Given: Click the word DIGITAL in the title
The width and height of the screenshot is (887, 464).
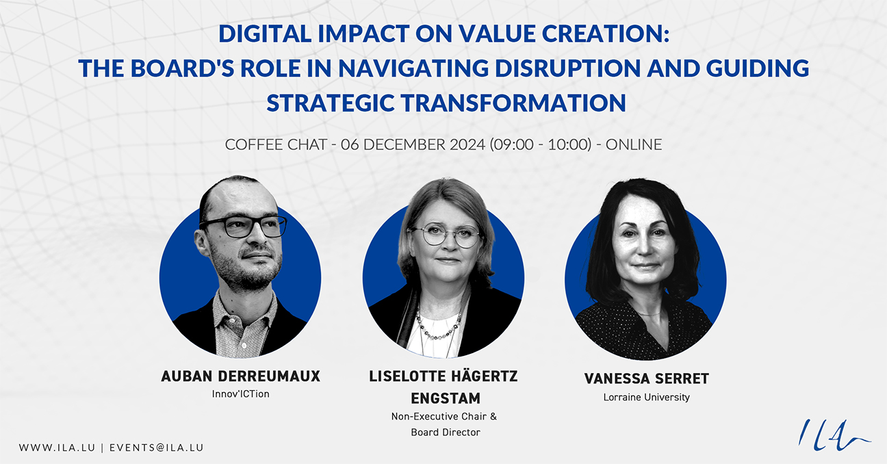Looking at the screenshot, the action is pyautogui.click(x=265, y=34).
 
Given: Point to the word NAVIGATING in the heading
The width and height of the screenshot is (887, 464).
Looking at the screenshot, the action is pyautogui.click(x=413, y=68).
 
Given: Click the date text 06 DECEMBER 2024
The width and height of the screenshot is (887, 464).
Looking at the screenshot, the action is pyautogui.click(x=413, y=144).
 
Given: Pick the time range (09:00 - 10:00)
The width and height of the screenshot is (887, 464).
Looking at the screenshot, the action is pyautogui.click(x=541, y=144).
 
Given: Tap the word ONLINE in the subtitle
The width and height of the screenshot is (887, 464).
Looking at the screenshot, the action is pyautogui.click(x=634, y=144).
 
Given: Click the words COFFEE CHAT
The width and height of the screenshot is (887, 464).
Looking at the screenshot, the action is pyautogui.click(x=276, y=144).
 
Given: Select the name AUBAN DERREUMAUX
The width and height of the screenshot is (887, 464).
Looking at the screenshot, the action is pyautogui.click(x=241, y=376).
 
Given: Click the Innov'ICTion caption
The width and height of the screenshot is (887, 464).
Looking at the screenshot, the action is pyautogui.click(x=241, y=394).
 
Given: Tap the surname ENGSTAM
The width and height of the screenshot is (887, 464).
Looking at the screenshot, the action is pyautogui.click(x=446, y=398).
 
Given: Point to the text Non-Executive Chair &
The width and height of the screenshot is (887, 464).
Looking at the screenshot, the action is pyautogui.click(x=444, y=417).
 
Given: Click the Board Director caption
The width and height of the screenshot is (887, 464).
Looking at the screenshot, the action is pyautogui.click(x=446, y=433).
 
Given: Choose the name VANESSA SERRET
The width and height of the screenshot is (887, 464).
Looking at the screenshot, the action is pyautogui.click(x=647, y=379).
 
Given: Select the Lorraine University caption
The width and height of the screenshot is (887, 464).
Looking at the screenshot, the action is pyautogui.click(x=647, y=397).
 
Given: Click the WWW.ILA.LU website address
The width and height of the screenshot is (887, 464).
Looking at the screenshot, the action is pyautogui.click(x=57, y=448).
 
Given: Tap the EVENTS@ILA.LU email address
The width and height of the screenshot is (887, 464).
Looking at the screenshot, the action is pyautogui.click(x=157, y=448).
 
